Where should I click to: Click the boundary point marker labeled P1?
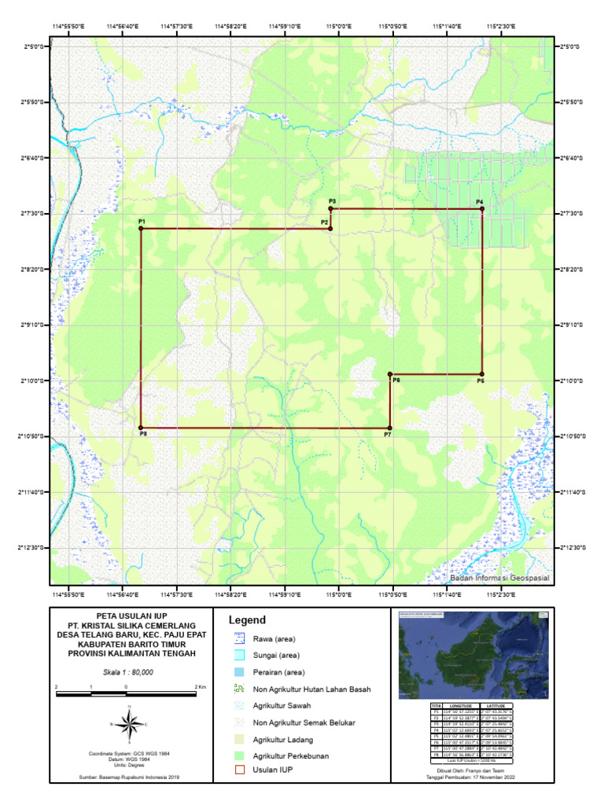pyautogui.click(x=141, y=229)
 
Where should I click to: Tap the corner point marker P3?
pyautogui.click(x=331, y=209)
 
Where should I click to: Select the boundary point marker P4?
pyautogui.click(x=481, y=209)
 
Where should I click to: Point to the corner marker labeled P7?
pyautogui.click(x=390, y=428)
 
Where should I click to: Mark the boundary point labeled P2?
pyautogui.click(x=330, y=229)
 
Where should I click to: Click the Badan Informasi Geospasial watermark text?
pyautogui.click(x=498, y=578)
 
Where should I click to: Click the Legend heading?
pyautogui.click(x=247, y=620)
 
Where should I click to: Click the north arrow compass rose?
pyautogui.click(x=131, y=724)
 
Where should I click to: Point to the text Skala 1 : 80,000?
pyautogui.click(x=128, y=672)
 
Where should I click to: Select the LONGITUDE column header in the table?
pyautogui.click(x=462, y=707)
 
